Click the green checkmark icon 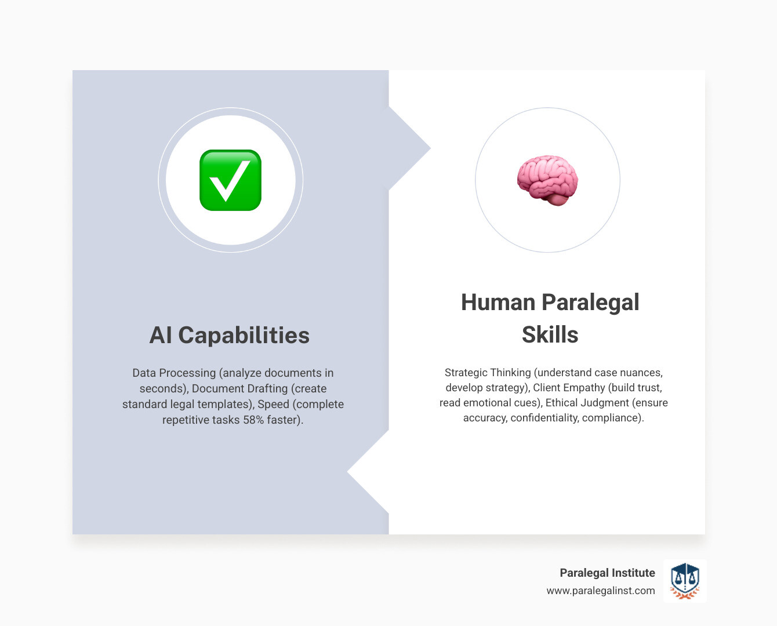click(230, 180)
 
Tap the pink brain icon click(547, 180)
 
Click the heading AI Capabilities click(230, 335)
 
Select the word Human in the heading click(498, 303)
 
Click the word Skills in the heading click(550, 334)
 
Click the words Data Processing click(174, 373)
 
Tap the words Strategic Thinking click(487, 373)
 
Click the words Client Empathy click(569, 388)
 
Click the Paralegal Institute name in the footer click(607, 573)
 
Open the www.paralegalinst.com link click(600, 591)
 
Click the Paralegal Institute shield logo click(685, 581)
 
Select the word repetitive click(187, 420)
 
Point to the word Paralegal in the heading click(590, 303)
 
